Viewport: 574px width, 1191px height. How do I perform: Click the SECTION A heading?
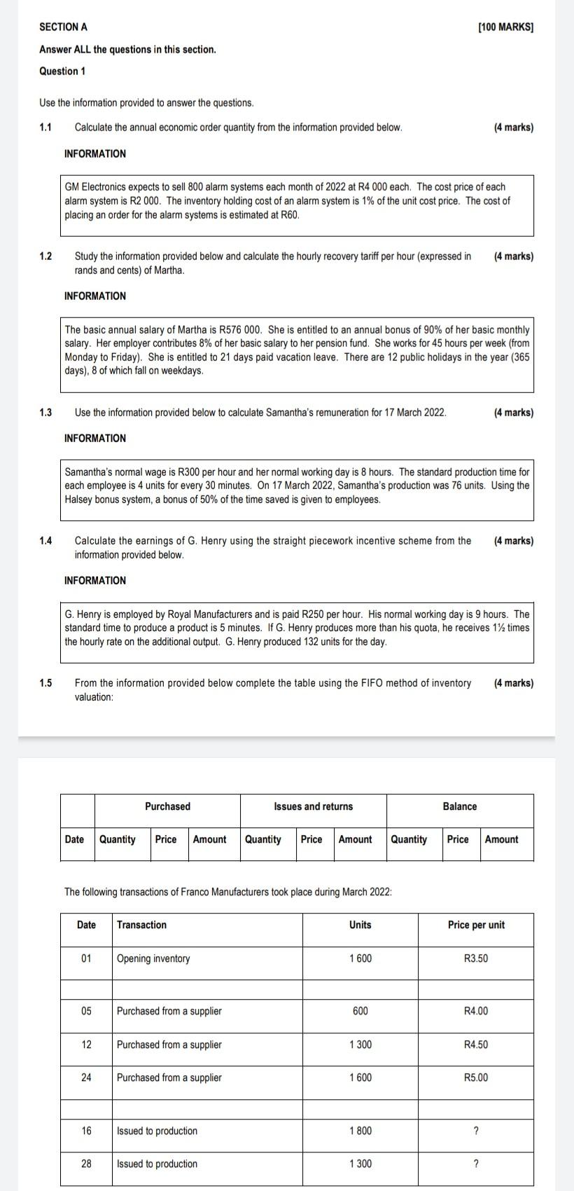click(63, 27)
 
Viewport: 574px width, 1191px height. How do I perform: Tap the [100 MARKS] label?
click(505, 27)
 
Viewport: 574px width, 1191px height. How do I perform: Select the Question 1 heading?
click(63, 71)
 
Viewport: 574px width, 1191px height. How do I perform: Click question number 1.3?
click(45, 413)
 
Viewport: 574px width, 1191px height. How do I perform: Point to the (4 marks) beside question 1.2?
click(513, 256)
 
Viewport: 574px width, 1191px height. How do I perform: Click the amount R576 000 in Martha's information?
click(240, 330)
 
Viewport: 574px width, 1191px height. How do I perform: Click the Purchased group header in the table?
click(167, 806)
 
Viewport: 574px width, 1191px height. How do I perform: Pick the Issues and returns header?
click(313, 806)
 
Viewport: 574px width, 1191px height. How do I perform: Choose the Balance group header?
click(460, 806)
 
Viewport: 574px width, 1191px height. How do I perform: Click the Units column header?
click(360, 925)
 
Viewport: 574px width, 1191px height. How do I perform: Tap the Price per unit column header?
click(476, 925)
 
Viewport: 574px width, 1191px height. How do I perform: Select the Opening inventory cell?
click(153, 959)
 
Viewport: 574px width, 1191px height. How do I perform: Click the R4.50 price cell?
click(476, 1045)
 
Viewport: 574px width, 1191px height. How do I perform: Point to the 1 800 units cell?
click(360, 1131)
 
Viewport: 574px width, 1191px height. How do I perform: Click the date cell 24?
click(86, 1078)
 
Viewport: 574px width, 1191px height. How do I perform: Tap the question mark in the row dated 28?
click(476, 1164)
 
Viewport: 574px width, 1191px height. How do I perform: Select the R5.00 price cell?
click(476, 1078)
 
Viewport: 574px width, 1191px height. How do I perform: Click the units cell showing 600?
click(360, 1012)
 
